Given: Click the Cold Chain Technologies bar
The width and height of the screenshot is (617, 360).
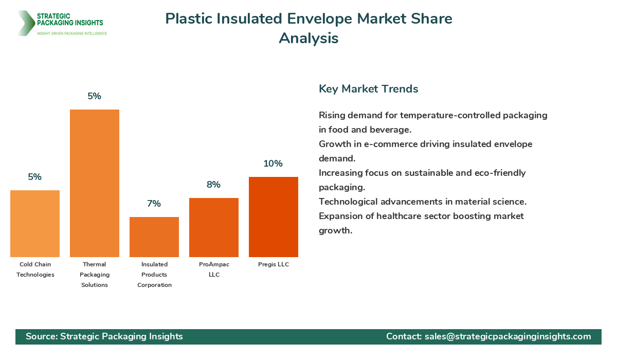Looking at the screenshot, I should (35, 224).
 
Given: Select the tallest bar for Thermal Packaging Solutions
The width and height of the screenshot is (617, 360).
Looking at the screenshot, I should (95, 183).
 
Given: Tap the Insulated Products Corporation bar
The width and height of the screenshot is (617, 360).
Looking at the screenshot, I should (154, 237).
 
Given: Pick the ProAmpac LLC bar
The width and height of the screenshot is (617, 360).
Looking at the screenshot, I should (214, 227).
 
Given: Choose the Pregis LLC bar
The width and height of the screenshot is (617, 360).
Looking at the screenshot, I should (274, 217).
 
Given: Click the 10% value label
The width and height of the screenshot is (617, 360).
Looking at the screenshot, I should (273, 164).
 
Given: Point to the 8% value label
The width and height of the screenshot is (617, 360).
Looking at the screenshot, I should (213, 185).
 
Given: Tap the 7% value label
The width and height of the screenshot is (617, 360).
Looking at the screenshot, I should (154, 204).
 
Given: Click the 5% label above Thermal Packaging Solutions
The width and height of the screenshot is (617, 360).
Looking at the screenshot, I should (95, 96).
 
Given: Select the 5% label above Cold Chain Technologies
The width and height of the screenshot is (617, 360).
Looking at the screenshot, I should (35, 177).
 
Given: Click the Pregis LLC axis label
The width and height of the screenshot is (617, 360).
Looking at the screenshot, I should (274, 264).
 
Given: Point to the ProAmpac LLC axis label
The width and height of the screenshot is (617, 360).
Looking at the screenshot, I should (214, 269).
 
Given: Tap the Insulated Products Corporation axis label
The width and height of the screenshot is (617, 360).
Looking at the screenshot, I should (154, 275).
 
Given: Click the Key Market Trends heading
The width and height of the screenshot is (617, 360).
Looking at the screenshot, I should (368, 89).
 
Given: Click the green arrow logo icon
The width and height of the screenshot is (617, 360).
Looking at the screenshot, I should (25, 23).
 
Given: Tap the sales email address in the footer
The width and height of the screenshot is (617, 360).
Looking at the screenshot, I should (507, 336).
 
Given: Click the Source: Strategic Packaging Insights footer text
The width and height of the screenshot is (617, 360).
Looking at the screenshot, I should (104, 336).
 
